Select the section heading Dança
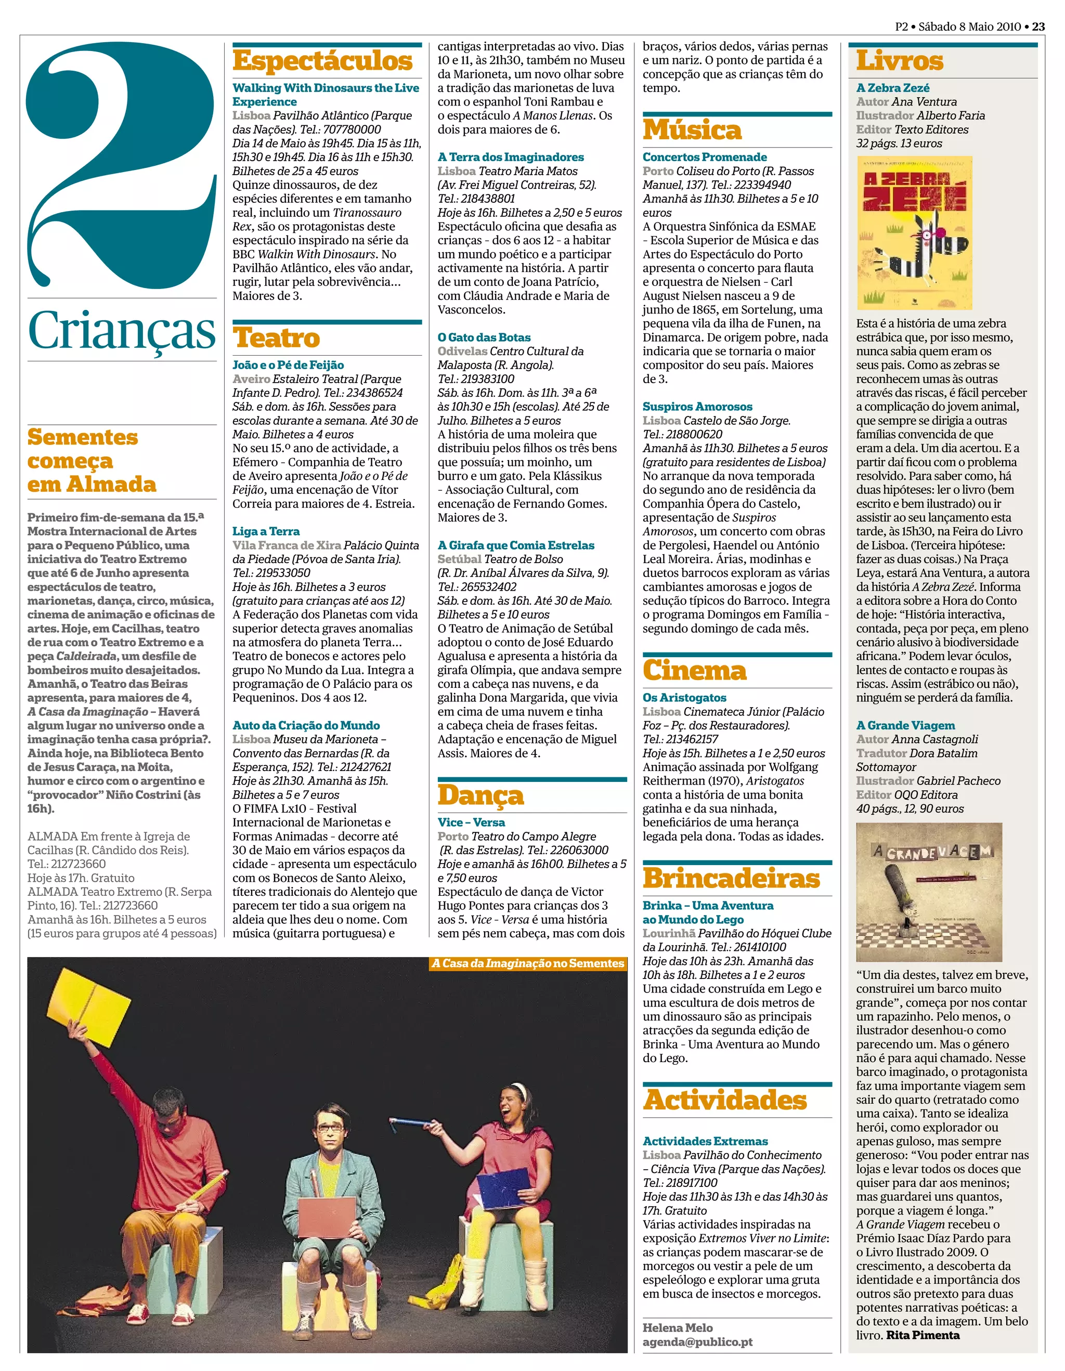[x=480, y=795]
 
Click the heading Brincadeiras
[x=731, y=878]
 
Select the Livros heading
[x=899, y=61]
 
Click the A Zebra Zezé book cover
[x=914, y=233]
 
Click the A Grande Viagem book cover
[x=928, y=892]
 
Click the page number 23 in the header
[x=1038, y=27]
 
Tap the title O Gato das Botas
[x=484, y=337]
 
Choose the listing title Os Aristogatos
[x=684, y=697]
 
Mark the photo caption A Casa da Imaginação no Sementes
[x=527, y=963]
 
